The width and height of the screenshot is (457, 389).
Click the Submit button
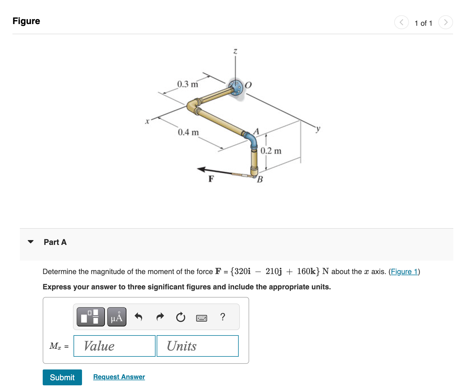click(62, 377)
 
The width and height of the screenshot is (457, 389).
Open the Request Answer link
click(119, 377)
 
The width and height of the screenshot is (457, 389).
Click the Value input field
click(115, 346)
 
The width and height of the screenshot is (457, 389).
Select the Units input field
click(198, 346)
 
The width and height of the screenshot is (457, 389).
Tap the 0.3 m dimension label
click(187, 84)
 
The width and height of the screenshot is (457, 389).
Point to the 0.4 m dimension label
click(188, 132)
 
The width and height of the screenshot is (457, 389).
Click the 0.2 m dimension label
click(271, 151)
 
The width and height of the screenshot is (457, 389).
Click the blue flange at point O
click(236, 87)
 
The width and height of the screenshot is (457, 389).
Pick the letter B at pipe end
click(260, 179)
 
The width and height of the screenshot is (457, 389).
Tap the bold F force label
click(211, 179)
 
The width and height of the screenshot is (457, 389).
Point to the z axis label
click(235, 51)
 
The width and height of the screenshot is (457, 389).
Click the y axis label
click(318, 129)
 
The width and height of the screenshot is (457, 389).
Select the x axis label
click(147, 121)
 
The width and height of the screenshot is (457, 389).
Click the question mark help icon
click(223, 317)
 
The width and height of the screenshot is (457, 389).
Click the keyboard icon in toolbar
click(201, 318)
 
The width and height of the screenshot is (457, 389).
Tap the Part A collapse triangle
click(31, 242)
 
